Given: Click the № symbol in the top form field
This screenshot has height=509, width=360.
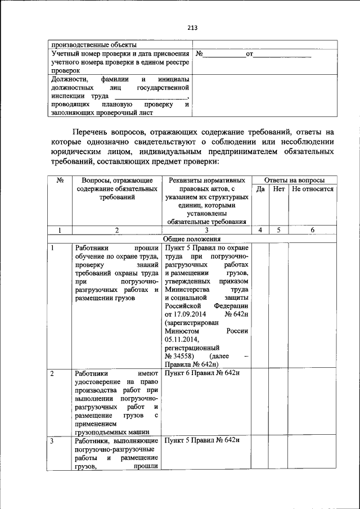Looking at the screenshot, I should pos(199,55).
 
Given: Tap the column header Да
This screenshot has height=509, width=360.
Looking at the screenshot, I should pos(260,190).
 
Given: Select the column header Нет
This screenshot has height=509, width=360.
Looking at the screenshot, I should pos(278,190).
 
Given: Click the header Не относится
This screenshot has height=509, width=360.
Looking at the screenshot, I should pos(313,190).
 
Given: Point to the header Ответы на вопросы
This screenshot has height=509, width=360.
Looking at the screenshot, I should pos(294,180).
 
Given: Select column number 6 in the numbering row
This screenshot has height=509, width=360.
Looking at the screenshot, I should pos(313,229).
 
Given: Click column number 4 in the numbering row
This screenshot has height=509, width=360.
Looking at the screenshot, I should pos(260,229).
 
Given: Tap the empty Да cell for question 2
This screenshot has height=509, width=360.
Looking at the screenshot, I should pos(260,402).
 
